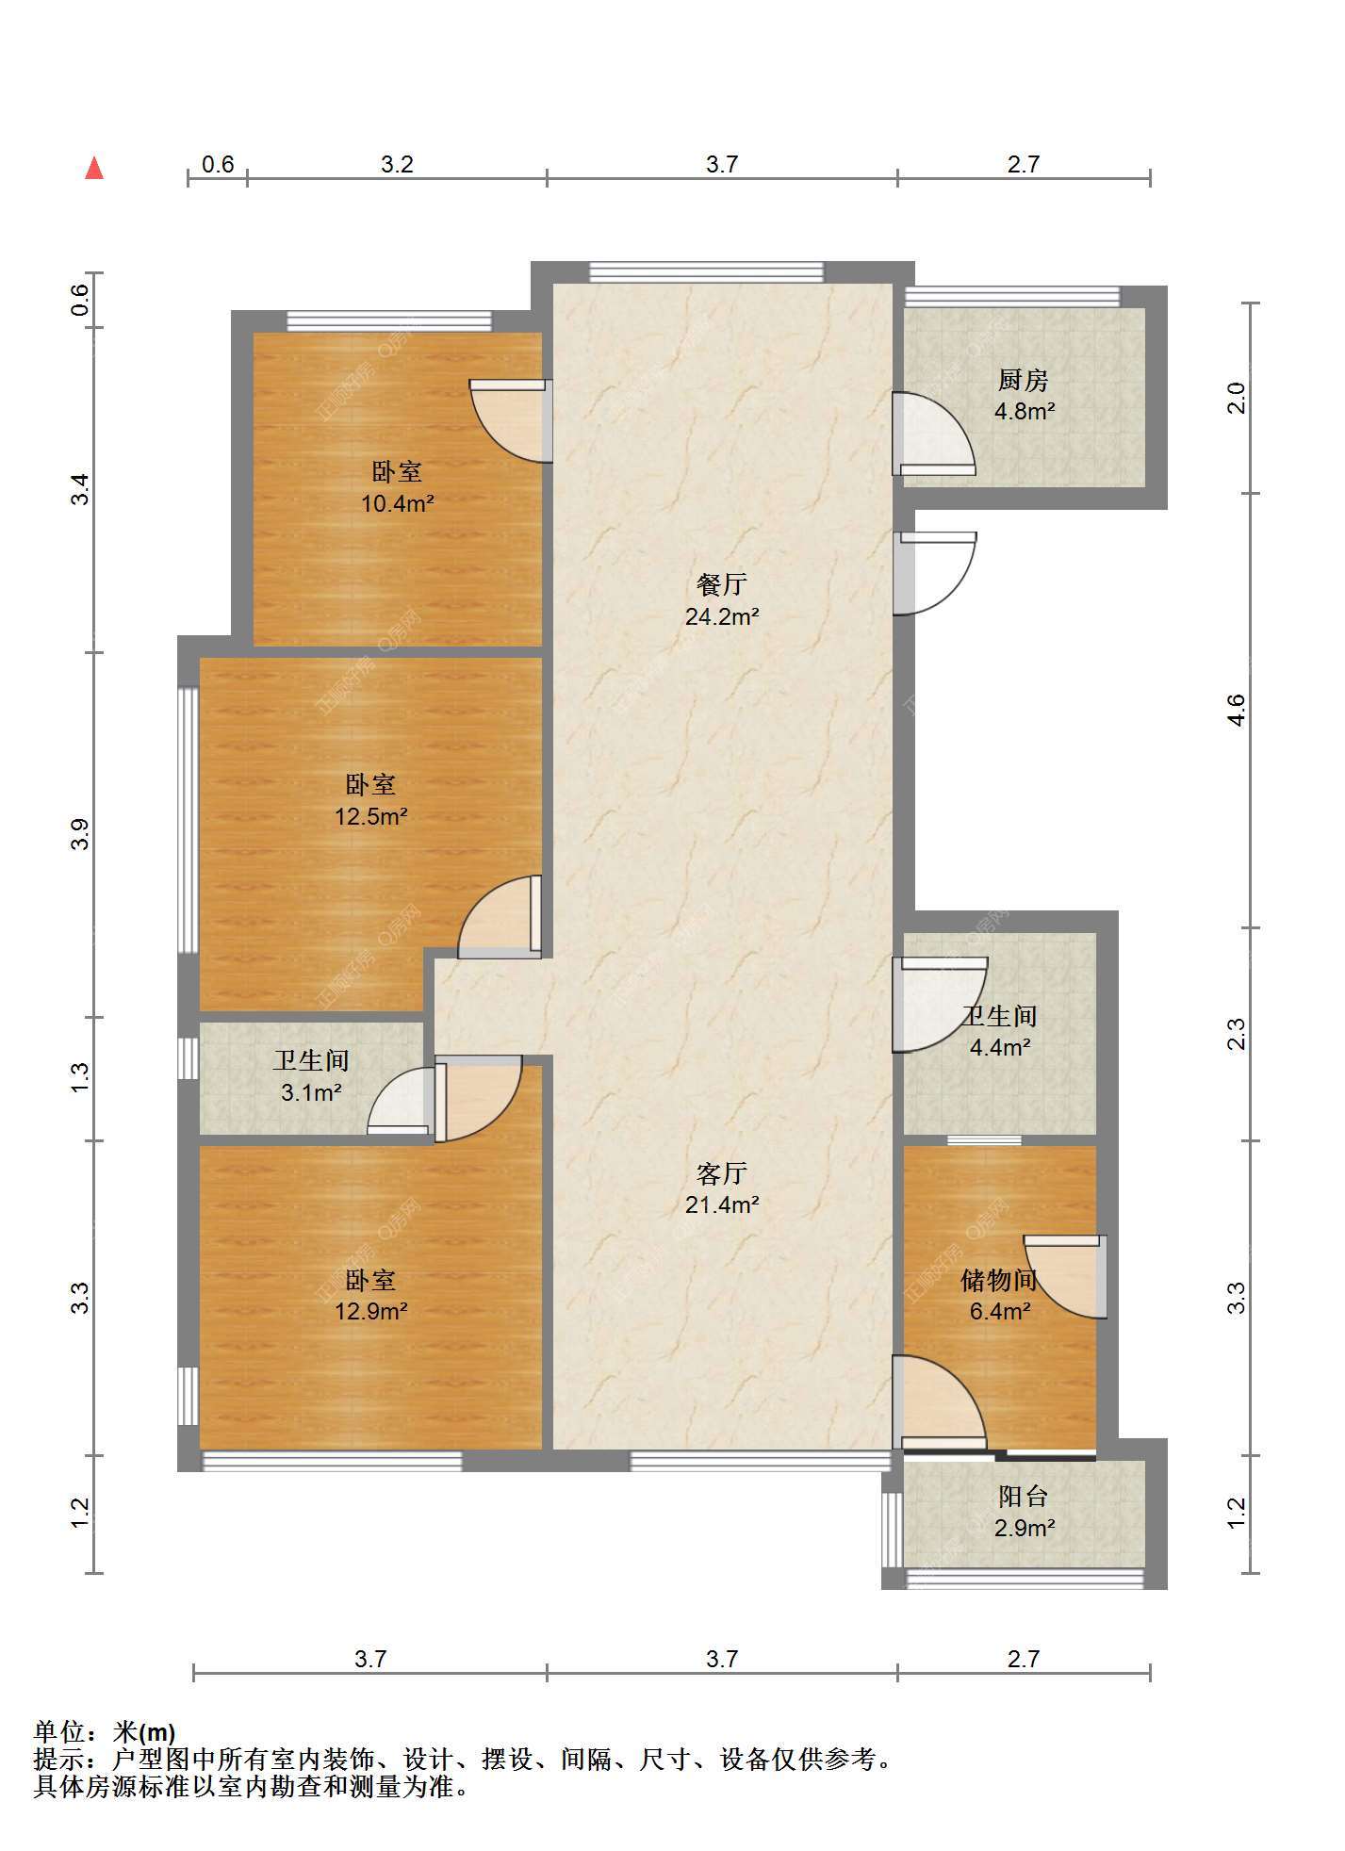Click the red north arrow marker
pos(94,168)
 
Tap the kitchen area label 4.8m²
pos(1024,412)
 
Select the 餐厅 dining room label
pos(722,585)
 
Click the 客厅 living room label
pos(722,1173)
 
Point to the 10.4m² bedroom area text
pos(397,503)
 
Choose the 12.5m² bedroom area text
pos(370,816)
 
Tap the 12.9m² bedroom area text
pos(370,1311)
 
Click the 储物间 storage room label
pos(999,1280)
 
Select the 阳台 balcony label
pos(1024,1496)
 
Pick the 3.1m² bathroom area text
pos(311,1093)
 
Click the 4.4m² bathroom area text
pos(1000,1047)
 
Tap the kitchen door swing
pos(933,434)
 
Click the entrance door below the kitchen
pos(934,573)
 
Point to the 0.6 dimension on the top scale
pos(218,164)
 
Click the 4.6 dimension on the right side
pos(1237,709)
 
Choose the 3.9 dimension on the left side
pos(81,835)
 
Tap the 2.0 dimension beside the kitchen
pos(1237,398)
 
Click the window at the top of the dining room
pos(706,272)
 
